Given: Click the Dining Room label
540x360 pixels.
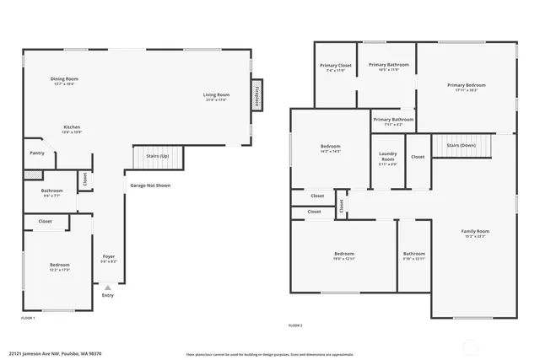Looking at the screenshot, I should pyautogui.click(x=64, y=79).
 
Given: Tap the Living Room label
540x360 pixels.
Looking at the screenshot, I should pyautogui.click(x=216, y=94).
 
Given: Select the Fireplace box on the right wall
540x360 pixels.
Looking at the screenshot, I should pyautogui.click(x=256, y=96).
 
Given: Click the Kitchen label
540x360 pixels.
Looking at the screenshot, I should pyautogui.click(x=72, y=127).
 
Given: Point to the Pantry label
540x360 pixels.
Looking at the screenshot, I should pyautogui.click(x=36, y=153).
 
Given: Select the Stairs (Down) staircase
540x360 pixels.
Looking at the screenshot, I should pyautogui.click(x=462, y=145).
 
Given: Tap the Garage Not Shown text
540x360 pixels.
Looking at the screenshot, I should pyautogui.click(x=150, y=185).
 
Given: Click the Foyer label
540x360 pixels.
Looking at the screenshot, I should pyautogui.click(x=109, y=256).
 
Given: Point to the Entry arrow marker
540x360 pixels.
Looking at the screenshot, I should pyautogui.click(x=107, y=287).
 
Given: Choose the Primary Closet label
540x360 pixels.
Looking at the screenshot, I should pyautogui.click(x=335, y=66).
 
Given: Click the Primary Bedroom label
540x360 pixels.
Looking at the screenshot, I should pyautogui.click(x=466, y=85).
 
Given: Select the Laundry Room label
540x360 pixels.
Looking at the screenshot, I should pyautogui.click(x=388, y=157).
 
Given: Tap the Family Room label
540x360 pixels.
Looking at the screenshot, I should pyautogui.click(x=475, y=231).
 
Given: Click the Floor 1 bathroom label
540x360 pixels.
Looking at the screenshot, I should pyautogui.click(x=51, y=191).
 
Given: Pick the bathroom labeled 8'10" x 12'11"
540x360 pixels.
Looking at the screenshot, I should pyautogui.click(x=413, y=254).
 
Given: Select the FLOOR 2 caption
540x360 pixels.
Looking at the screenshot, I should pyautogui.click(x=295, y=325).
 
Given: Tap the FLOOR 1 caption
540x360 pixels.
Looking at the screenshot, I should pyautogui.click(x=28, y=318).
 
